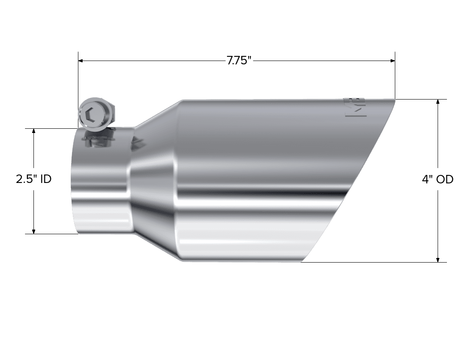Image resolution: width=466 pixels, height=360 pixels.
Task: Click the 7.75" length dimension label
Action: pyautogui.click(x=239, y=61)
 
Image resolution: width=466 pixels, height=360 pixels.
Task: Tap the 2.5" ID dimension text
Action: pyautogui.click(x=33, y=179)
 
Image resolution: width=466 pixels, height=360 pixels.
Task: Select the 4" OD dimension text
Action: pyautogui.click(x=438, y=179)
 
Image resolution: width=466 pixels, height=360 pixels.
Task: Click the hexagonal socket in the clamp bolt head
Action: pyautogui.click(x=89, y=115)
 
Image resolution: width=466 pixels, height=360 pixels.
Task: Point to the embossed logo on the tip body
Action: pyautogui.click(x=359, y=108)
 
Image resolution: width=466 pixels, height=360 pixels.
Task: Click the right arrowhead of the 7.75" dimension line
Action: pyautogui.click(x=392, y=61)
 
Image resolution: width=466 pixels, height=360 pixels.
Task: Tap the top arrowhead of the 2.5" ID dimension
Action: pyautogui.click(x=34, y=131)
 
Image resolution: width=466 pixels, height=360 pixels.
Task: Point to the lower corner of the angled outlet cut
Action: pyautogui.click(x=302, y=261)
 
